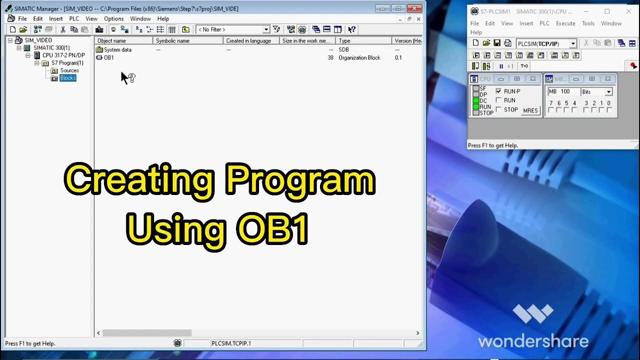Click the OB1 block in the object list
[x=108, y=57]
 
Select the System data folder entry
[x=117, y=49]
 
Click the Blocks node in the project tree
[x=68, y=78]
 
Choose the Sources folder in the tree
[x=69, y=70]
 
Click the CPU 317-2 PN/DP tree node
[x=63, y=55]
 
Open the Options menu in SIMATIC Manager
[x=113, y=19]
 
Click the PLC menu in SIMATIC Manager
[x=74, y=19]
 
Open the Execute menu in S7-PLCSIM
[x=565, y=23]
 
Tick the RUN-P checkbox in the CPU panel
[x=498, y=91]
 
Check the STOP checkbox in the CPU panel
[x=498, y=109]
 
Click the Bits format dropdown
[x=596, y=92]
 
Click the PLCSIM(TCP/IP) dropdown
[x=546, y=44]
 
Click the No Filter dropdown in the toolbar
[x=233, y=29]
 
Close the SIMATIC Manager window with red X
[x=414, y=8]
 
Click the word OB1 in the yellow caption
[x=273, y=229]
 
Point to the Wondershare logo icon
[x=533, y=314]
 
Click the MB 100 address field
[x=562, y=92]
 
